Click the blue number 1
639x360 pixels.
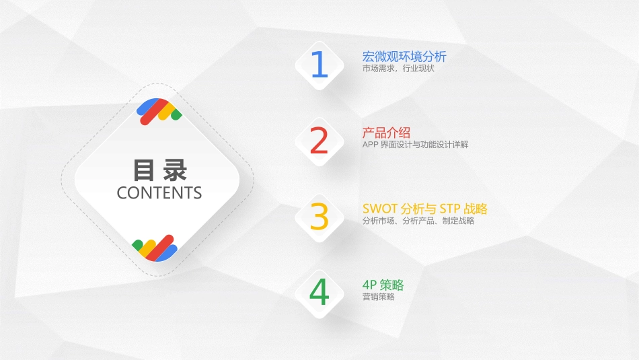click(319, 65)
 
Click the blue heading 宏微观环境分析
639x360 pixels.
click(404, 57)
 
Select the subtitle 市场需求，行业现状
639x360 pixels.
click(393, 69)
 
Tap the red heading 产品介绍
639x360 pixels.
click(386, 133)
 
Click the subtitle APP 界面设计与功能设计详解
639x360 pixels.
click(415, 145)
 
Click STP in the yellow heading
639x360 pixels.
click(449, 209)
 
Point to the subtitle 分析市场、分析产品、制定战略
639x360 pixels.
click(418, 221)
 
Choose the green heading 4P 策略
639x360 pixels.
click(383, 285)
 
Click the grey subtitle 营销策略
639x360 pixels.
click(378, 297)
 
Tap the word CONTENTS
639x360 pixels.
click(159, 193)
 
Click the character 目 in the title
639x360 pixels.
click(143, 170)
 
